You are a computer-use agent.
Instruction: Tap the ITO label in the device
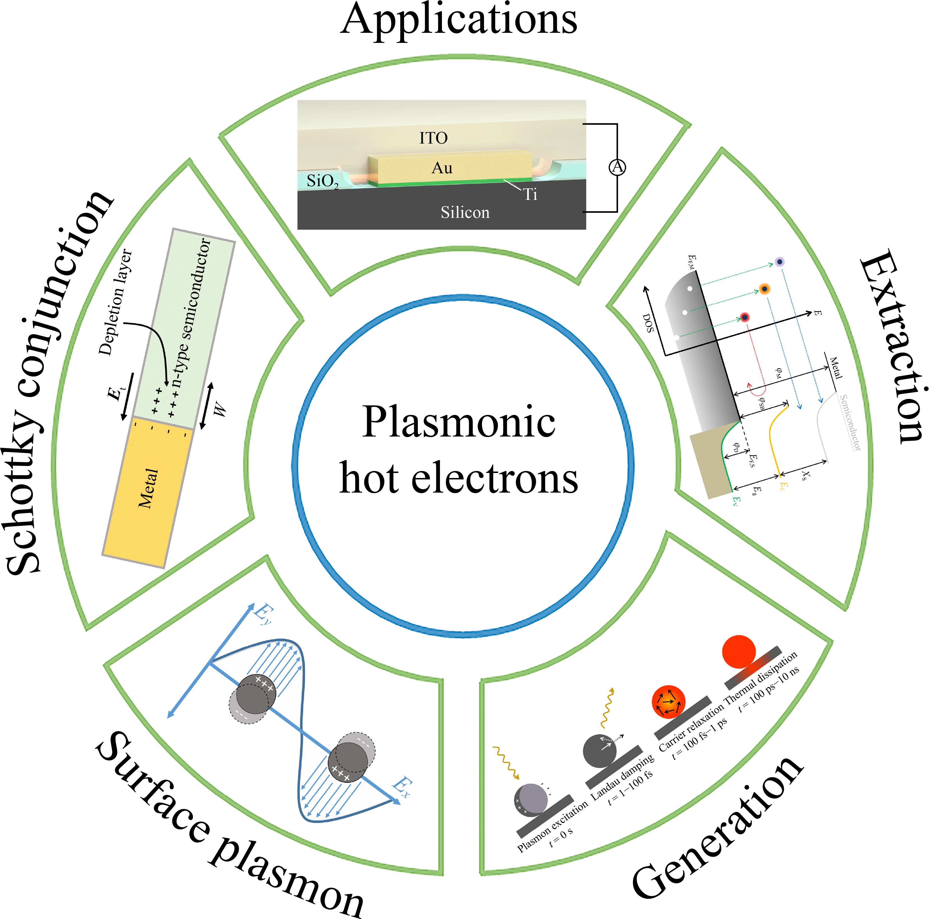[433, 138]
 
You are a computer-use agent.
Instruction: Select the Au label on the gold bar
[442, 168]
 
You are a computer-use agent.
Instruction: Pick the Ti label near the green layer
[530, 195]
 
